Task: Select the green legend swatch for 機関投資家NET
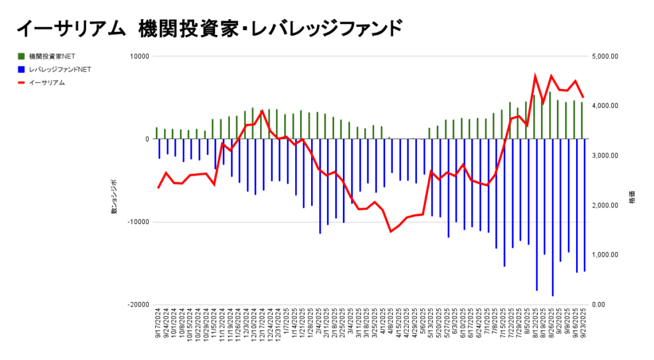point(22,56)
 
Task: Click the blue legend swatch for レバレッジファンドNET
point(22,69)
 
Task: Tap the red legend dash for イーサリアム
point(22,82)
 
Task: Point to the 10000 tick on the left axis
point(139,56)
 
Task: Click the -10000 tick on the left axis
point(137,222)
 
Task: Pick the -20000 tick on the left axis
point(137,304)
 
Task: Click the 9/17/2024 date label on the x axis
point(158,326)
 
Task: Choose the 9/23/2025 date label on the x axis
point(584,326)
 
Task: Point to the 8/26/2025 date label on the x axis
point(552,326)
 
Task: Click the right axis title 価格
point(632,197)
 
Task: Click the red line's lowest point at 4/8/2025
point(390,232)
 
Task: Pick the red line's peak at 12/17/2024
point(262,111)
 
